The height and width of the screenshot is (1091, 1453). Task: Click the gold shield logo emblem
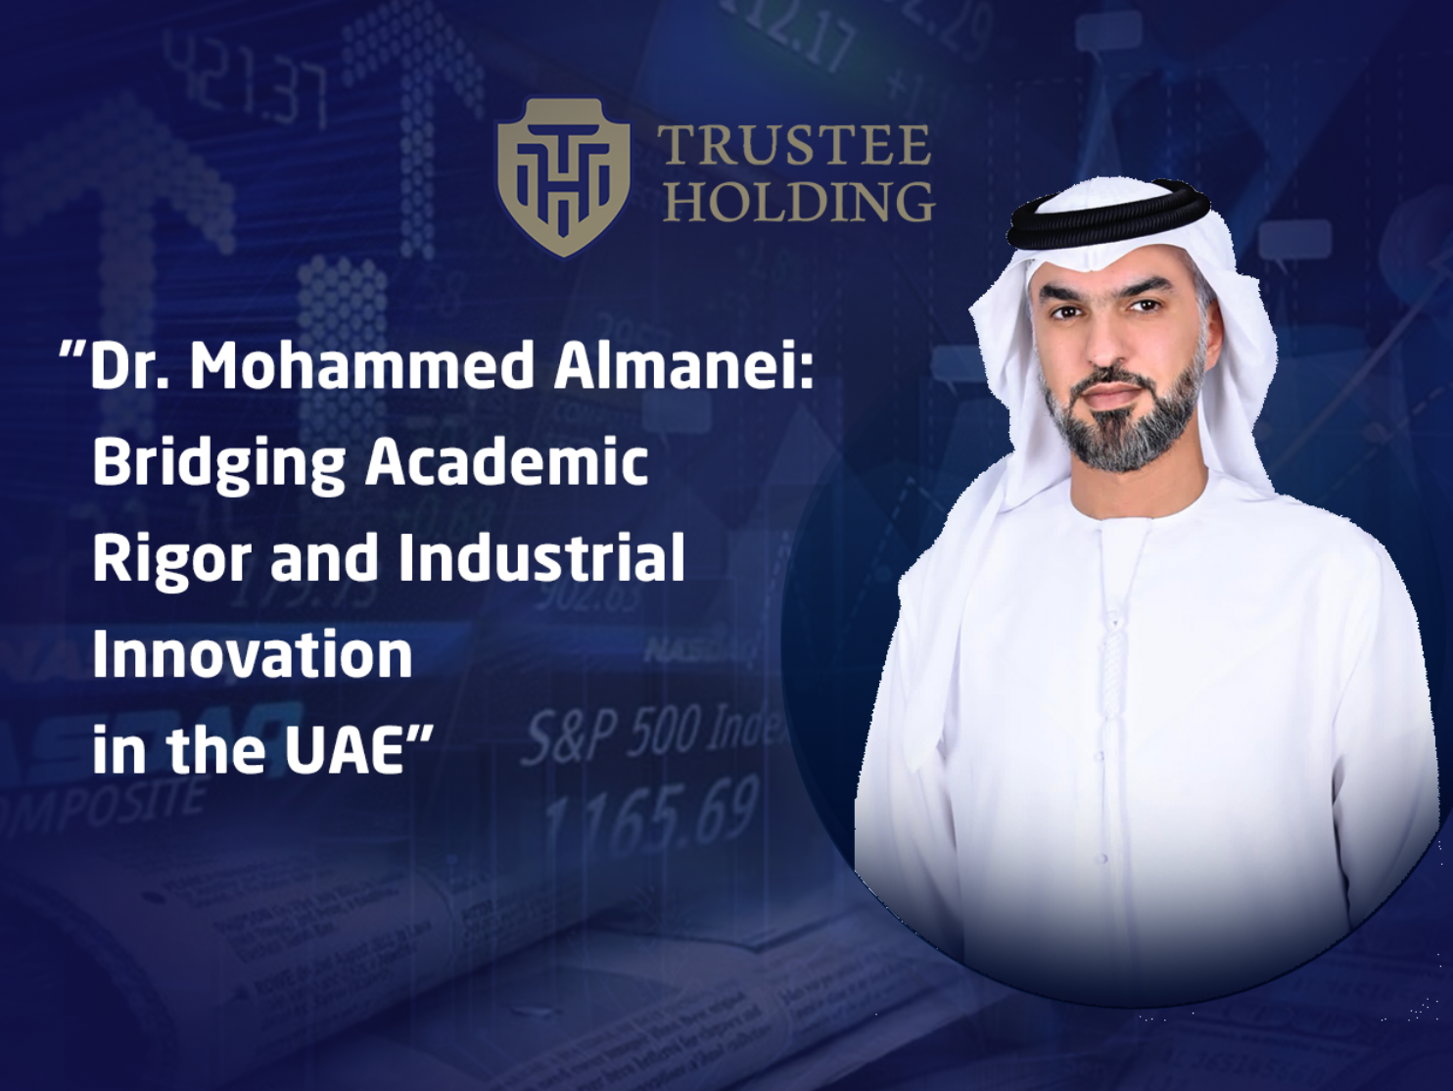tap(562, 176)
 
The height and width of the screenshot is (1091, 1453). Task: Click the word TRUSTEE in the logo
tap(794, 146)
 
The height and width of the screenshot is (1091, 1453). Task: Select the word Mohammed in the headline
tap(361, 366)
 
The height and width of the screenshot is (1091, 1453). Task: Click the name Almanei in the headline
tap(682, 366)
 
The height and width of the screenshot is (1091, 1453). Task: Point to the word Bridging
tap(218, 462)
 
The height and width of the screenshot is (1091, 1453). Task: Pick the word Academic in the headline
tap(507, 460)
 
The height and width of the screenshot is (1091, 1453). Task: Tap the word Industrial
tap(541, 556)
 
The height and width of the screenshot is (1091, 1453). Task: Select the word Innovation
tap(252, 654)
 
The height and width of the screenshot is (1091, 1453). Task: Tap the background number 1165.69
tap(651, 812)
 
